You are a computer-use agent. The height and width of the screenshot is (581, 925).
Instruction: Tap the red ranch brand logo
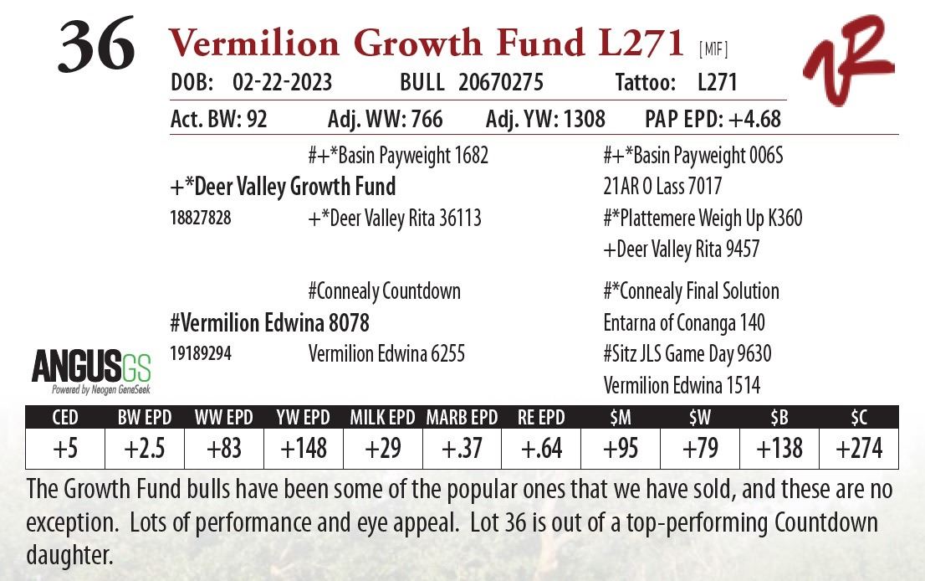[x=847, y=60]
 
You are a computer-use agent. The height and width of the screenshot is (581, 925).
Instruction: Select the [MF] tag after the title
[x=713, y=49]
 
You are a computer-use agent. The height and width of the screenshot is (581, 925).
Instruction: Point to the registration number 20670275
[x=501, y=83]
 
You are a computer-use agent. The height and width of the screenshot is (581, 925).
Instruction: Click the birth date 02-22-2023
[x=282, y=83]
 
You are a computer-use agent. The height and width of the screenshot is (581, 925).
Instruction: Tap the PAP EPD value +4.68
[x=754, y=119]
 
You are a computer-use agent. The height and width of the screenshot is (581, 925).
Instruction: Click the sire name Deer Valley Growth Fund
[x=283, y=187]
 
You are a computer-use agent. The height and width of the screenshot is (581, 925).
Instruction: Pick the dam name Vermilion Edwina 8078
[x=269, y=323]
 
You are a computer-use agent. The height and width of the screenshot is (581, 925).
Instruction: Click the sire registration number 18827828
[x=201, y=219]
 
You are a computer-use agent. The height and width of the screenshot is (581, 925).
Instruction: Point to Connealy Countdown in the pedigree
[x=384, y=291]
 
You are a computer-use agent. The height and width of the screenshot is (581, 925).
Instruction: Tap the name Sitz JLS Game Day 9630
[x=687, y=354]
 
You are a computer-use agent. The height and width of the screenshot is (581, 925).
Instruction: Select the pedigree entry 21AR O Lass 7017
[x=662, y=187]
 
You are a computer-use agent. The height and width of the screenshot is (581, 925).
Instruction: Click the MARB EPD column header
[x=462, y=417]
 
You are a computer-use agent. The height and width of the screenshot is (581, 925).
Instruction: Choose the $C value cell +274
[x=859, y=449]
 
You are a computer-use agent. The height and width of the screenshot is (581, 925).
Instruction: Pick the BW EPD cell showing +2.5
[x=144, y=449]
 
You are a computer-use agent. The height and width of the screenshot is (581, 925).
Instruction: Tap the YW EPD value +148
[x=303, y=449]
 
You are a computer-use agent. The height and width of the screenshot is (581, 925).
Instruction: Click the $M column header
[x=621, y=417]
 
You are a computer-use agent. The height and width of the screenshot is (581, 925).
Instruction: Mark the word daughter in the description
[x=69, y=554]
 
